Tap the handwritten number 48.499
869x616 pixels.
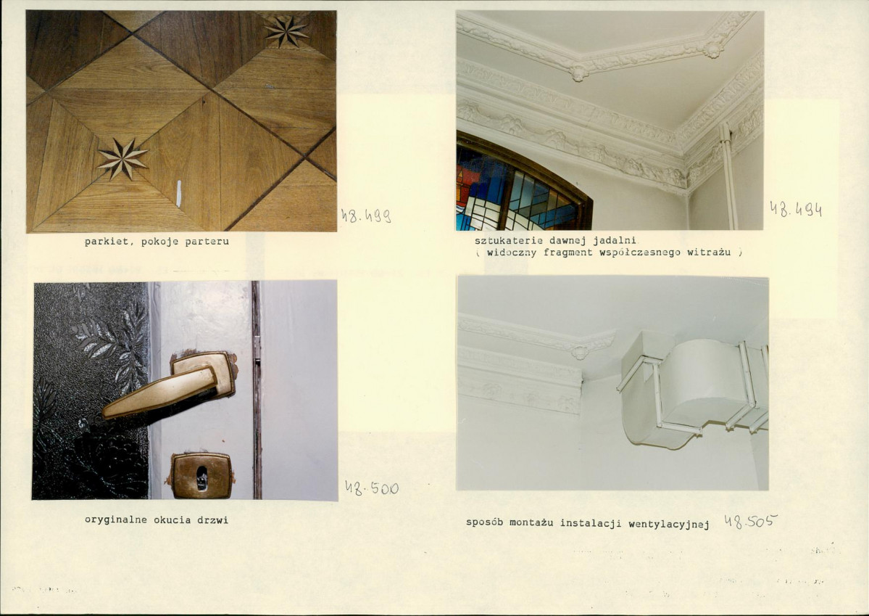366,215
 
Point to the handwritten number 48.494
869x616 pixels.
796,209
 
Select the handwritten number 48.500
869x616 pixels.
371,488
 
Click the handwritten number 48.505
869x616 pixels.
751,521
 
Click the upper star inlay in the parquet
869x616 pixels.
286,32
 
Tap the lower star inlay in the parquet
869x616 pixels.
122,159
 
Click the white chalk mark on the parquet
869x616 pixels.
178,194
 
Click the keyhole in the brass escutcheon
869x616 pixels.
201,477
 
